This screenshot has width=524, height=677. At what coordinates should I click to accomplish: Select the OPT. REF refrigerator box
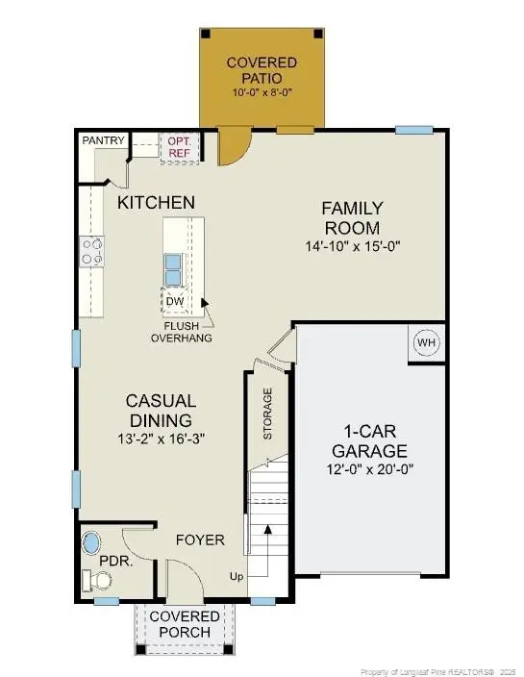pos(181,145)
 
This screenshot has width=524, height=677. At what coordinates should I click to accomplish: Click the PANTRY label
pos(103,140)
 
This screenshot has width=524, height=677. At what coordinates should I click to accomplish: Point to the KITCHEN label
pos(157,203)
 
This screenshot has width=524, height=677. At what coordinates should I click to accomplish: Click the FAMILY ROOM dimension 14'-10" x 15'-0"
pos(352,246)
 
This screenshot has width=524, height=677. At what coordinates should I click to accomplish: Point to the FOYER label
pos(201,539)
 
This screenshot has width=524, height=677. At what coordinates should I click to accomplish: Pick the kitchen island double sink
pos(175,268)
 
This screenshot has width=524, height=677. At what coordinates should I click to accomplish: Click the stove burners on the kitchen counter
pos(92,252)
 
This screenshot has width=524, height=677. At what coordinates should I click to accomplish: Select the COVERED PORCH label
pos(183,623)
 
